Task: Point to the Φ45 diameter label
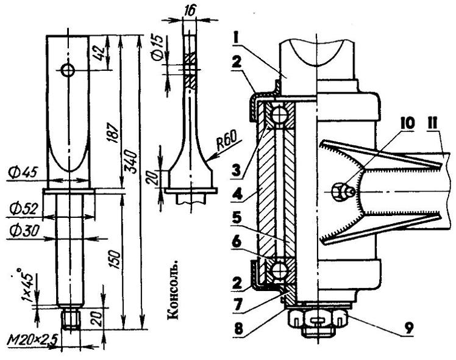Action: coord(23,173)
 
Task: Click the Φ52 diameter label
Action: coord(23,209)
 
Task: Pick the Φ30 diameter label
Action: coord(24,231)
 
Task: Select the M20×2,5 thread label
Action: coord(32,340)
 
